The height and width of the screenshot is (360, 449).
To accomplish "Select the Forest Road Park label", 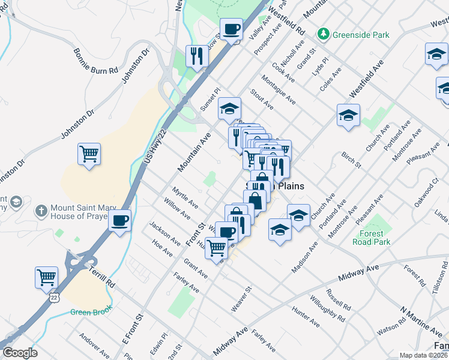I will (375, 238).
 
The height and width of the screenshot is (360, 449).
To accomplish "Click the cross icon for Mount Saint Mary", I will (41, 211).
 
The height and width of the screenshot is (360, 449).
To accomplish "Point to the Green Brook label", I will (88, 311).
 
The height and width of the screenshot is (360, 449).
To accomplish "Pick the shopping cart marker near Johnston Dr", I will (89, 154).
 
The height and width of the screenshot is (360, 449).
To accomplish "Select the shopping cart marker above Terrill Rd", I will (46, 277).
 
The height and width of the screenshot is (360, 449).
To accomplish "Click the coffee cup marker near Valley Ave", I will (231, 28).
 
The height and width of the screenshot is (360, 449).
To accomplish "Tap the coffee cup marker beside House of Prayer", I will (120, 220).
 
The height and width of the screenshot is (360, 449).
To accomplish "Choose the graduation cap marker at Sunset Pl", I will (229, 109).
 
